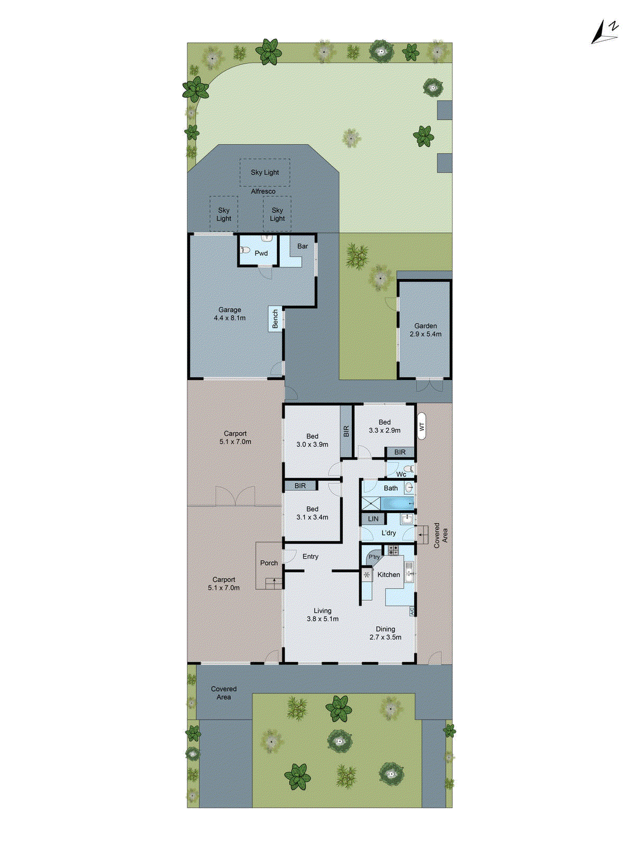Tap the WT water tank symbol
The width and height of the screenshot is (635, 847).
[x=422, y=426]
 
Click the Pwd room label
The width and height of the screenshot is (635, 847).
[x=261, y=253]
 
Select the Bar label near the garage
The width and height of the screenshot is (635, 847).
[x=303, y=246]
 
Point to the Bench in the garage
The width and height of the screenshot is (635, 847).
[x=275, y=319]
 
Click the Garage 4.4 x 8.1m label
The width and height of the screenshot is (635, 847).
[x=230, y=314]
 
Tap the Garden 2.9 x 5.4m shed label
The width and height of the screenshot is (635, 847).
[x=425, y=330]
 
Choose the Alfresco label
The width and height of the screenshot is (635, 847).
[x=263, y=191]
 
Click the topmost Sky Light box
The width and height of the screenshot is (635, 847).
[x=265, y=172]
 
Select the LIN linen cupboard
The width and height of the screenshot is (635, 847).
[x=373, y=519]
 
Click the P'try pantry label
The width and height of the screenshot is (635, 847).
[x=374, y=557]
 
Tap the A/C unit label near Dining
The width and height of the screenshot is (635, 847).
[x=412, y=611]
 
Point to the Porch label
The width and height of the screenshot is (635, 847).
[x=269, y=563]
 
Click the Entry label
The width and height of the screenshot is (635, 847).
[x=311, y=556]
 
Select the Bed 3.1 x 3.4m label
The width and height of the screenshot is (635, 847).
[x=312, y=513]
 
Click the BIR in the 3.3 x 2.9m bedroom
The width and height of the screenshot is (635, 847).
[x=400, y=452]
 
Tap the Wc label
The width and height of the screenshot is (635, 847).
[x=401, y=474]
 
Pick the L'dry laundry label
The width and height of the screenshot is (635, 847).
[x=388, y=533]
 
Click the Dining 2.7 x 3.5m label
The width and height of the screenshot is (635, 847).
[x=385, y=633]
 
